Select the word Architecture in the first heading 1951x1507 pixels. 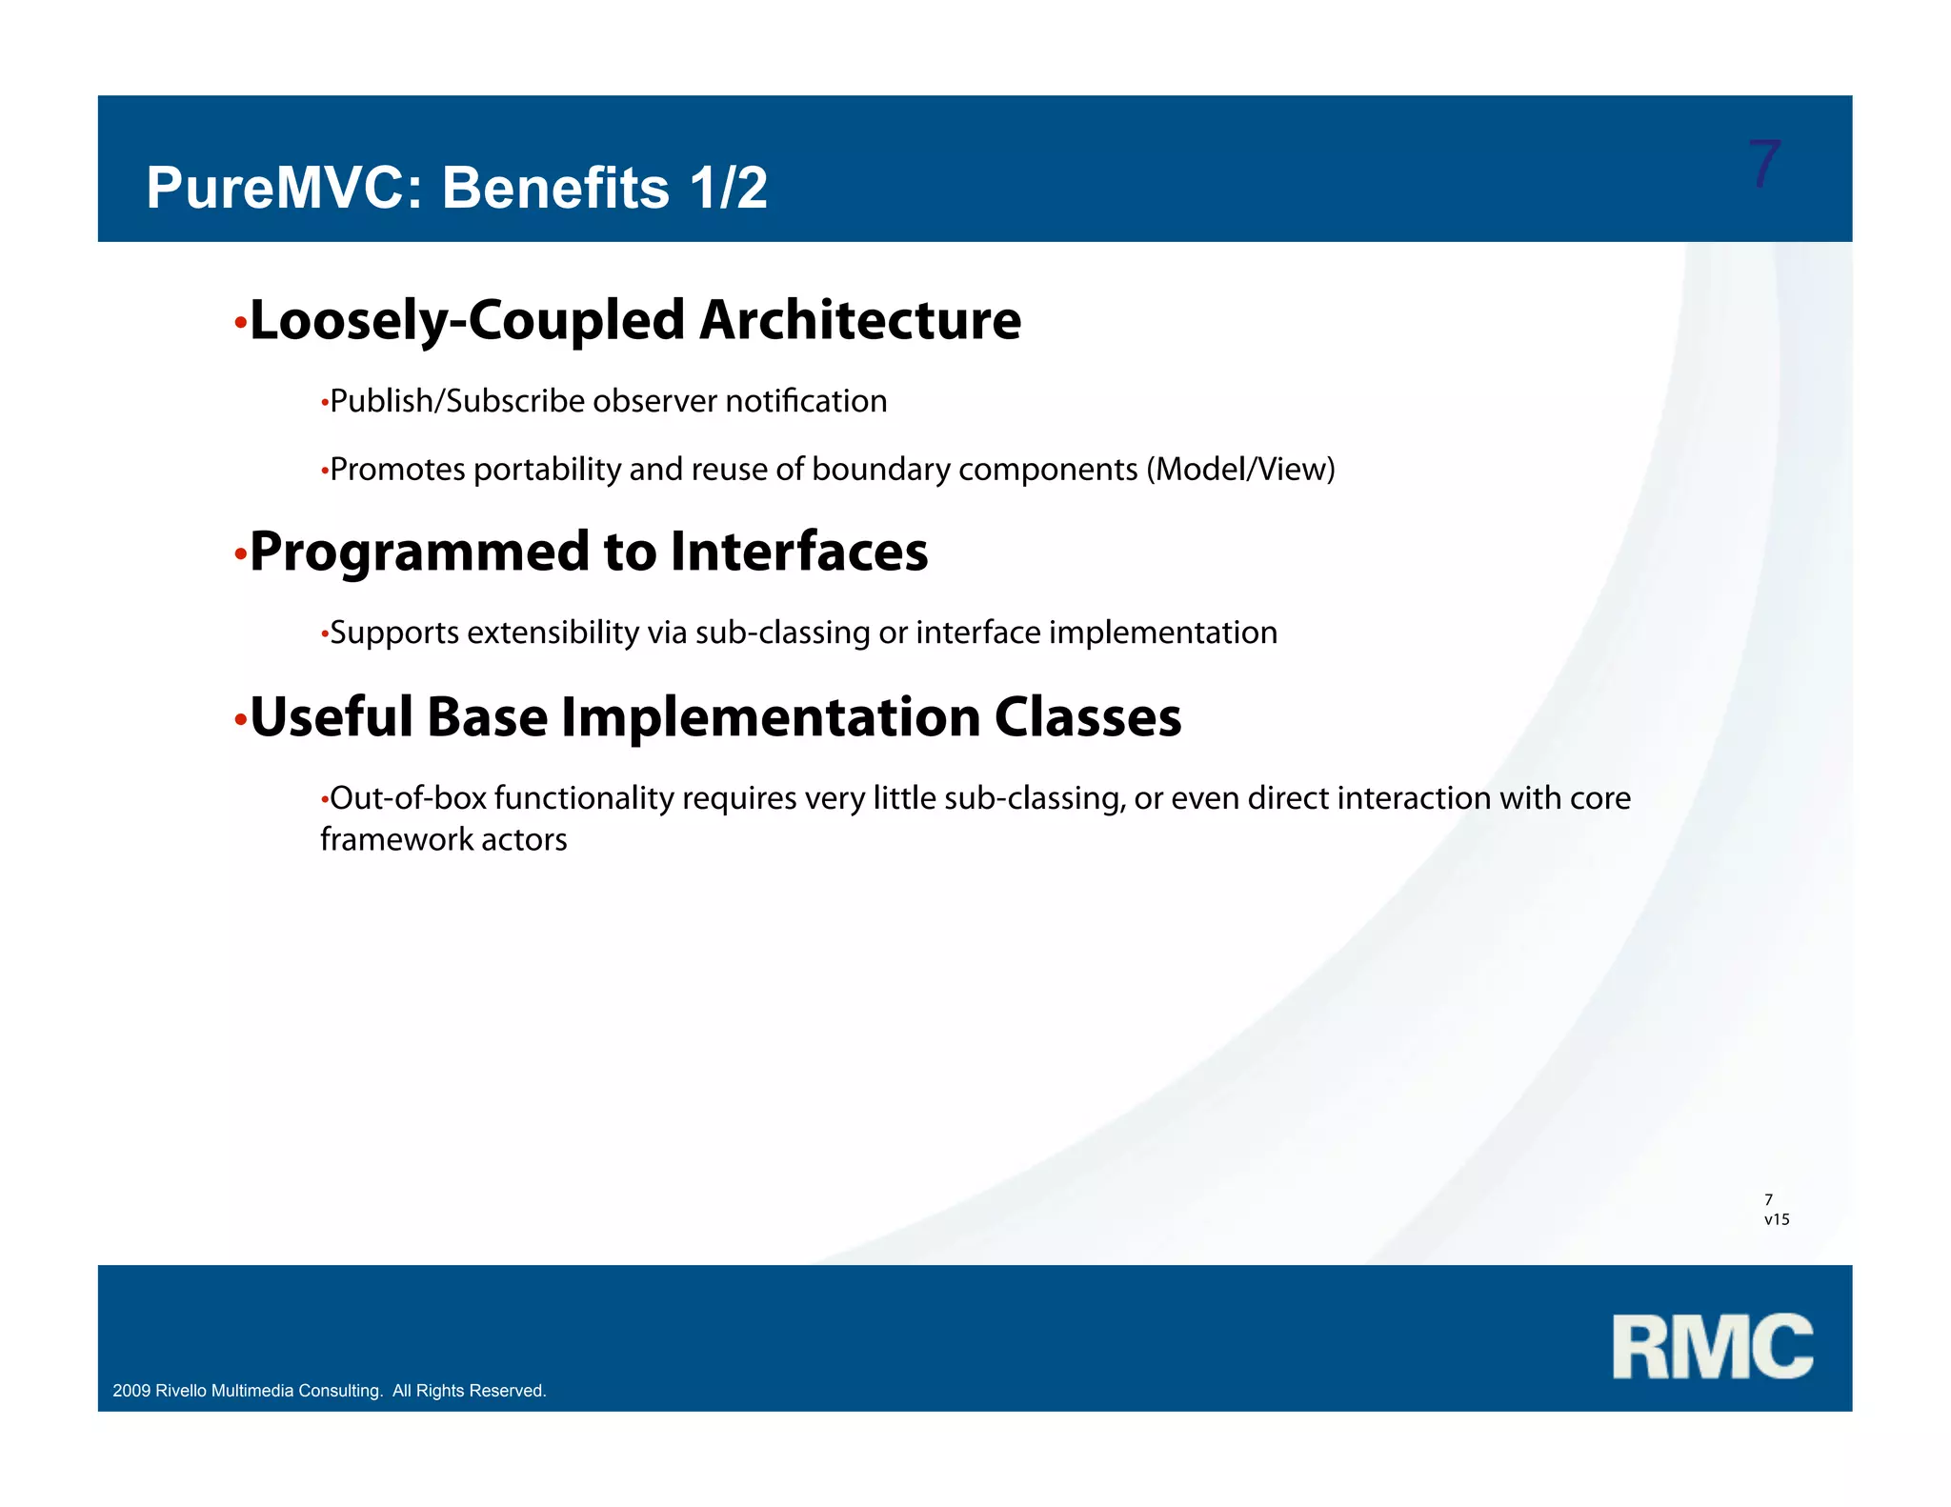(859, 320)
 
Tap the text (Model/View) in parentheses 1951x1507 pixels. (1240, 470)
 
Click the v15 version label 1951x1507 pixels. (1776, 1219)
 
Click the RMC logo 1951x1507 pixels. (1712, 1346)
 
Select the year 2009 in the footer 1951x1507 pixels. (131, 1391)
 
